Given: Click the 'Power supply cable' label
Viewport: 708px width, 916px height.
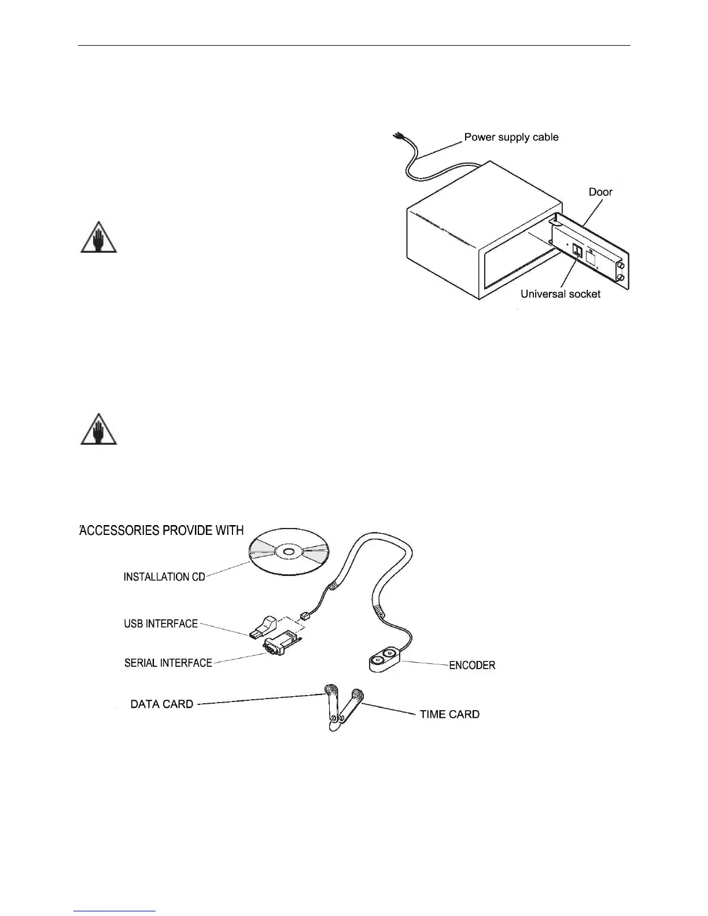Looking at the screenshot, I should pos(511,138).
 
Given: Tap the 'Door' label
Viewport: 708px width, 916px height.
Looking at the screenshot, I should pos(600,192).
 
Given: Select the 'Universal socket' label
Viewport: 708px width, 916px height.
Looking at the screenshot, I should pos(560,294).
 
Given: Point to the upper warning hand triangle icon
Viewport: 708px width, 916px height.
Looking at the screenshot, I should pos(98,238).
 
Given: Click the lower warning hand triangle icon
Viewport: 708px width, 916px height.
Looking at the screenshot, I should pos(98,430).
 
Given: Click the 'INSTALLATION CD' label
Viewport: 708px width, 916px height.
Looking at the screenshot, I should pos(164,577).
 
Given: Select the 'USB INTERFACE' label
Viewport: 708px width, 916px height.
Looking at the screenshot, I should pos(161,624).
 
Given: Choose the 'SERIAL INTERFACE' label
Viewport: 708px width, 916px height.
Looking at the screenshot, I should pos(168,663).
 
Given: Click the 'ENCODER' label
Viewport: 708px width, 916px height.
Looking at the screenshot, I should pos(472,665).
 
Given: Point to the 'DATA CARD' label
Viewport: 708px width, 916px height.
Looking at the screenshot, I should pos(162,704).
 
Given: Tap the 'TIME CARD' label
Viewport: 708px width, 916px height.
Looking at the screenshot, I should pos(449,714).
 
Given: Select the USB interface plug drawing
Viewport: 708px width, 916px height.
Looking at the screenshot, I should pos(264,627).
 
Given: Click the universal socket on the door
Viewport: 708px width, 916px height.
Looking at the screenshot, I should pos(578,252).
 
